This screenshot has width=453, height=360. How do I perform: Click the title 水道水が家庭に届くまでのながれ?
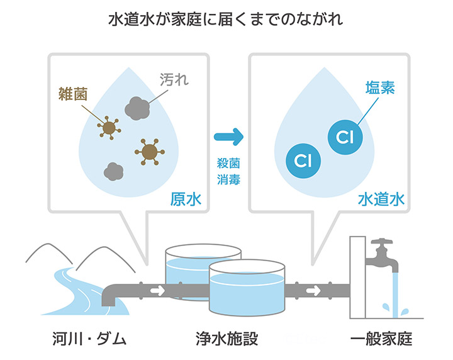point(226,20)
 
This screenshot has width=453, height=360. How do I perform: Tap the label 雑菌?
point(73,94)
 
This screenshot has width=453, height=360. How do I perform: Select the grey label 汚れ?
point(174,79)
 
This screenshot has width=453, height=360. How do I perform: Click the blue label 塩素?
point(380,87)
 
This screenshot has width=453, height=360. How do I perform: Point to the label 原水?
point(186,199)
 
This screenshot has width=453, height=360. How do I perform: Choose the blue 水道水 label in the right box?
point(381,199)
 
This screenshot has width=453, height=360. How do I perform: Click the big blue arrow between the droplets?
point(228,137)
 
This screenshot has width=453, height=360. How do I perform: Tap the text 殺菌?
point(228,164)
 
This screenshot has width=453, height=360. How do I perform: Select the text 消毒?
point(228,179)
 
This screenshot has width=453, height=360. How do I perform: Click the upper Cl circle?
point(345,137)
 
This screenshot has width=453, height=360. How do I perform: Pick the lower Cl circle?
point(303,160)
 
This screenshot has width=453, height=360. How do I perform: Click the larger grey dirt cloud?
point(137,109)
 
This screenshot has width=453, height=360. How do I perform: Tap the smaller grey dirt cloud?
point(113,171)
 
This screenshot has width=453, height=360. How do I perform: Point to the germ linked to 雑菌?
point(109,128)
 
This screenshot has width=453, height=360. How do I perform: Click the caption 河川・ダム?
point(89,339)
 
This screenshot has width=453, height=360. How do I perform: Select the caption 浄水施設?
point(226,339)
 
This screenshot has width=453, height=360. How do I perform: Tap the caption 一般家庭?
point(381,339)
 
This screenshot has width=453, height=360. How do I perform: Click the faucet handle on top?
point(382,242)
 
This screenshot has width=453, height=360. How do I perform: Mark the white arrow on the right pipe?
point(313,290)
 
